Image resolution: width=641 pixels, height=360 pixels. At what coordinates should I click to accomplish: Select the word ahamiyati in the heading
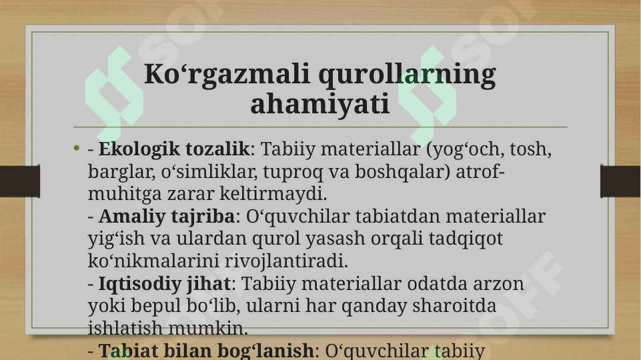[320, 104]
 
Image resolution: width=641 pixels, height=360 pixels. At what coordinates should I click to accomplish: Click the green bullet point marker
[77, 148]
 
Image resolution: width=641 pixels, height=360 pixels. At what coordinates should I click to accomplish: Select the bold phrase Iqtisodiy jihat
[164, 284]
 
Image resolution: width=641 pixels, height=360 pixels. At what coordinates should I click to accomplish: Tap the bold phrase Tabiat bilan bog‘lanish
[205, 351]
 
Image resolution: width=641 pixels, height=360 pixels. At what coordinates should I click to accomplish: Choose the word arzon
[500, 284]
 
